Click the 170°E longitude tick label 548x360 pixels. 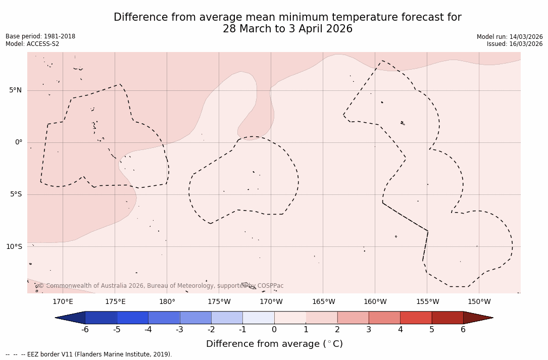pos(63,302)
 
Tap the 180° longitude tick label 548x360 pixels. pos(167,302)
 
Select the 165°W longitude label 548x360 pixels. pos(323,302)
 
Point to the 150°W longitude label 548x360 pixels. pos(479,302)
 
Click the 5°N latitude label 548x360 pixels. pos(15,90)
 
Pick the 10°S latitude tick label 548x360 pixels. pos(14,247)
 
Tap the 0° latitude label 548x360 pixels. pos(19,142)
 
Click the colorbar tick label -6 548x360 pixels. pos(85,330)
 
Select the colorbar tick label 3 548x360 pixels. pos(369,330)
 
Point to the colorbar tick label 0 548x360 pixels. pos(274,330)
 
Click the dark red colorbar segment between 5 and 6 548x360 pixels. pos(447,318)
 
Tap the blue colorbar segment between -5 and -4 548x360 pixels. pos(132,318)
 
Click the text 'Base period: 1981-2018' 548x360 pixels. pos(40,36)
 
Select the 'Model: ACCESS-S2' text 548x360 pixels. pos(32,44)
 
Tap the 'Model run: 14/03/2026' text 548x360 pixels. pos(510,37)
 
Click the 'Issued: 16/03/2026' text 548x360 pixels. pos(515,44)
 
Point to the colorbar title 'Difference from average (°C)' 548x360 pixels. pos(274,344)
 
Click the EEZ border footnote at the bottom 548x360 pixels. pos(89,354)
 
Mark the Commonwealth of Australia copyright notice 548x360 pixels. pos(161,286)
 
